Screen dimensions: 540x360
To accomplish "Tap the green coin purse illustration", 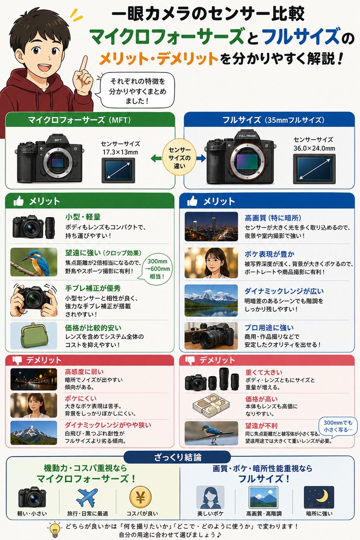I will tap(33, 335).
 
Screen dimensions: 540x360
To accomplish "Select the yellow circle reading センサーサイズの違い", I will tap(180, 157).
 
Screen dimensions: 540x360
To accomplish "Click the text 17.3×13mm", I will tap(121, 152).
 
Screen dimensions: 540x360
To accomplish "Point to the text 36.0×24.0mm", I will tap(314, 148).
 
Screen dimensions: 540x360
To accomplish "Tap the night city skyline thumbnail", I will tap(211, 226).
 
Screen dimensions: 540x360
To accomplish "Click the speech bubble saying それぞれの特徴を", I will tap(130, 90).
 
